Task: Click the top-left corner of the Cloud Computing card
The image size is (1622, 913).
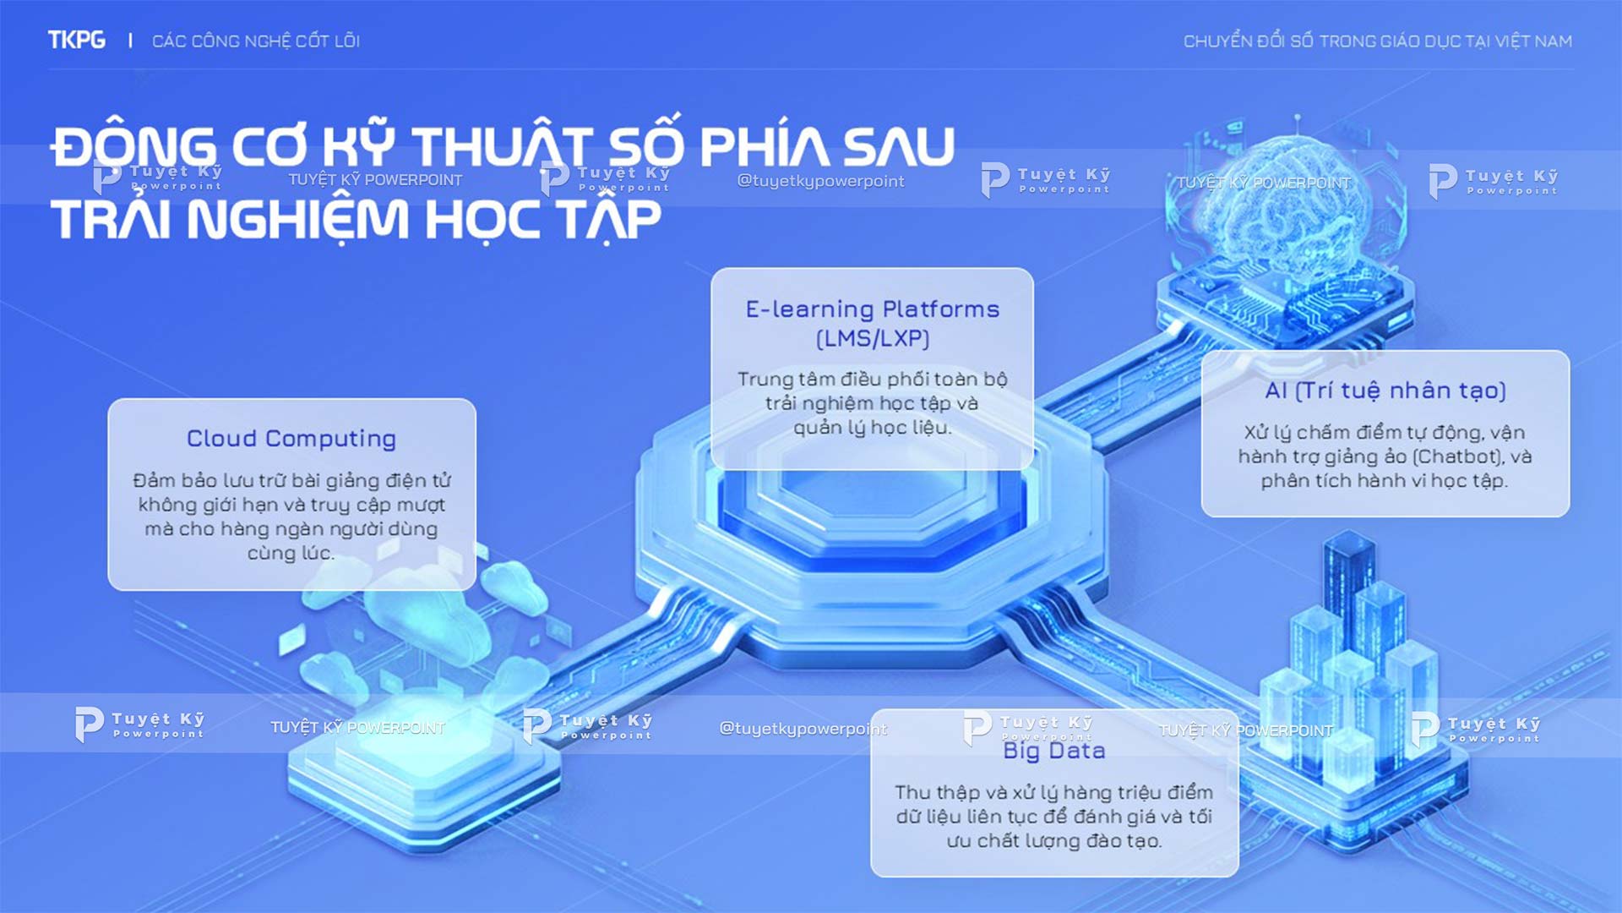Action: pyautogui.click(x=109, y=400)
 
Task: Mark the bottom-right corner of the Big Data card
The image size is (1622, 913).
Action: pyautogui.click(x=1238, y=876)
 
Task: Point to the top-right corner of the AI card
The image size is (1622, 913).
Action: pyautogui.click(x=1569, y=352)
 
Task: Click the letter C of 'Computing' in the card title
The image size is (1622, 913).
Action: pyautogui.click(x=275, y=439)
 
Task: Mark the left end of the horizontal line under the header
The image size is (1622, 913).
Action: pyautogui.click(x=48, y=69)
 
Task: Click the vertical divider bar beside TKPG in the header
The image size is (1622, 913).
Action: pyautogui.click(x=130, y=41)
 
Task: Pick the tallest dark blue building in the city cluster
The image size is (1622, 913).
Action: pyautogui.click(x=1349, y=592)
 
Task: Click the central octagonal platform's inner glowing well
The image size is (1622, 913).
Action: pyautogui.click(x=870, y=499)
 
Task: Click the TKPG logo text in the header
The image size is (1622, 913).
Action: pyautogui.click(x=77, y=40)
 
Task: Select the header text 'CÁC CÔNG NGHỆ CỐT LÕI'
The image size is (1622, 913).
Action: pyautogui.click(x=256, y=41)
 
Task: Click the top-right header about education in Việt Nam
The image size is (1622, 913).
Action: pyautogui.click(x=1378, y=41)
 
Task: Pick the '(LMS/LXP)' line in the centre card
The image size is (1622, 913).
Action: pyautogui.click(x=873, y=338)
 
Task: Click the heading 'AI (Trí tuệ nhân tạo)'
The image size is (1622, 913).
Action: pyautogui.click(x=1385, y=391)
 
